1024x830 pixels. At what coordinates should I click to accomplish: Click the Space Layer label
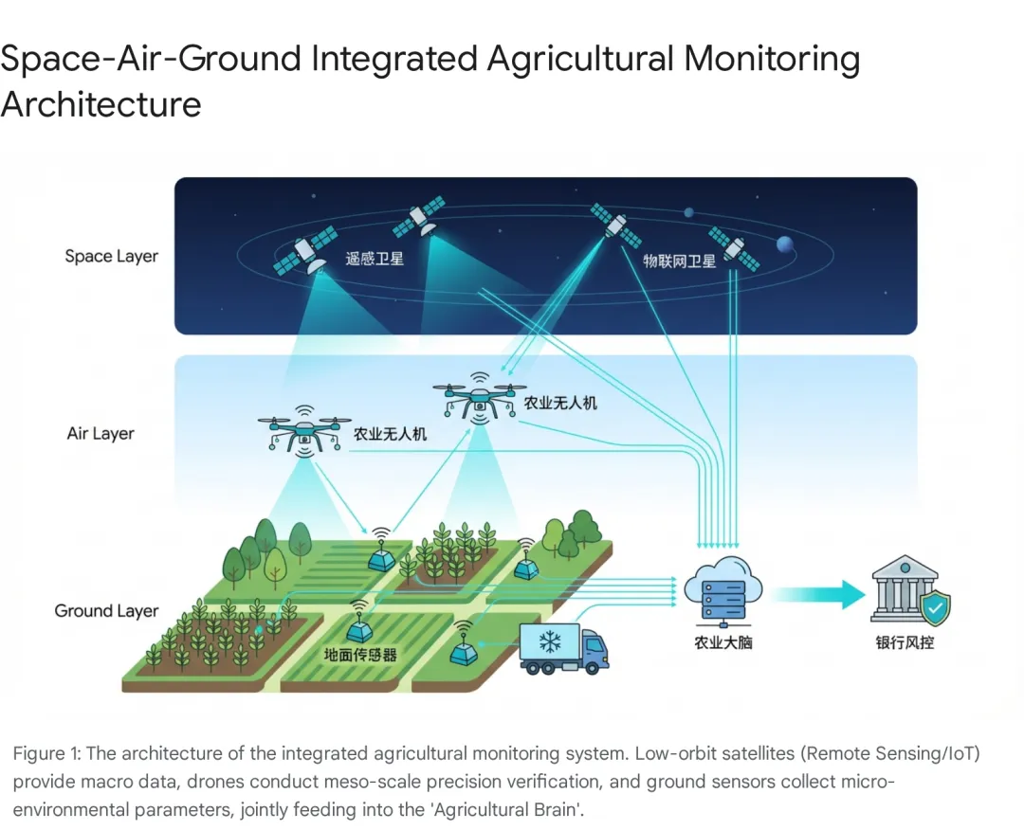pos(111,256)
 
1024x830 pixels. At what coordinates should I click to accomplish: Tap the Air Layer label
pos(101,433)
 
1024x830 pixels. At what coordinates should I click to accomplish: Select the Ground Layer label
pos(106,610)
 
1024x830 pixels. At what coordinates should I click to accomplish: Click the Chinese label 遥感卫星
pos(375,258)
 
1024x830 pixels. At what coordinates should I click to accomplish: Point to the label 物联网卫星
pos(680,261)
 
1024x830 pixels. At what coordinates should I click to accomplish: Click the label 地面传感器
pos(360,655)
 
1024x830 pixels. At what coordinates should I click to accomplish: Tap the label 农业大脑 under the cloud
pos(723,643)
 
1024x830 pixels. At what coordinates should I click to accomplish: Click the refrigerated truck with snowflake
pos(563,648)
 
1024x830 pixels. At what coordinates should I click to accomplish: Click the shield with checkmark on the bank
pos(936,608)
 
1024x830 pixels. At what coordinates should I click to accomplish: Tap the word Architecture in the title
pos(101,103)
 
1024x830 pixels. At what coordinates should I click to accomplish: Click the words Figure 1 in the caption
pos(46,753)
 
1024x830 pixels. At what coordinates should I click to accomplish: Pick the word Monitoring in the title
pos(772,59)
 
